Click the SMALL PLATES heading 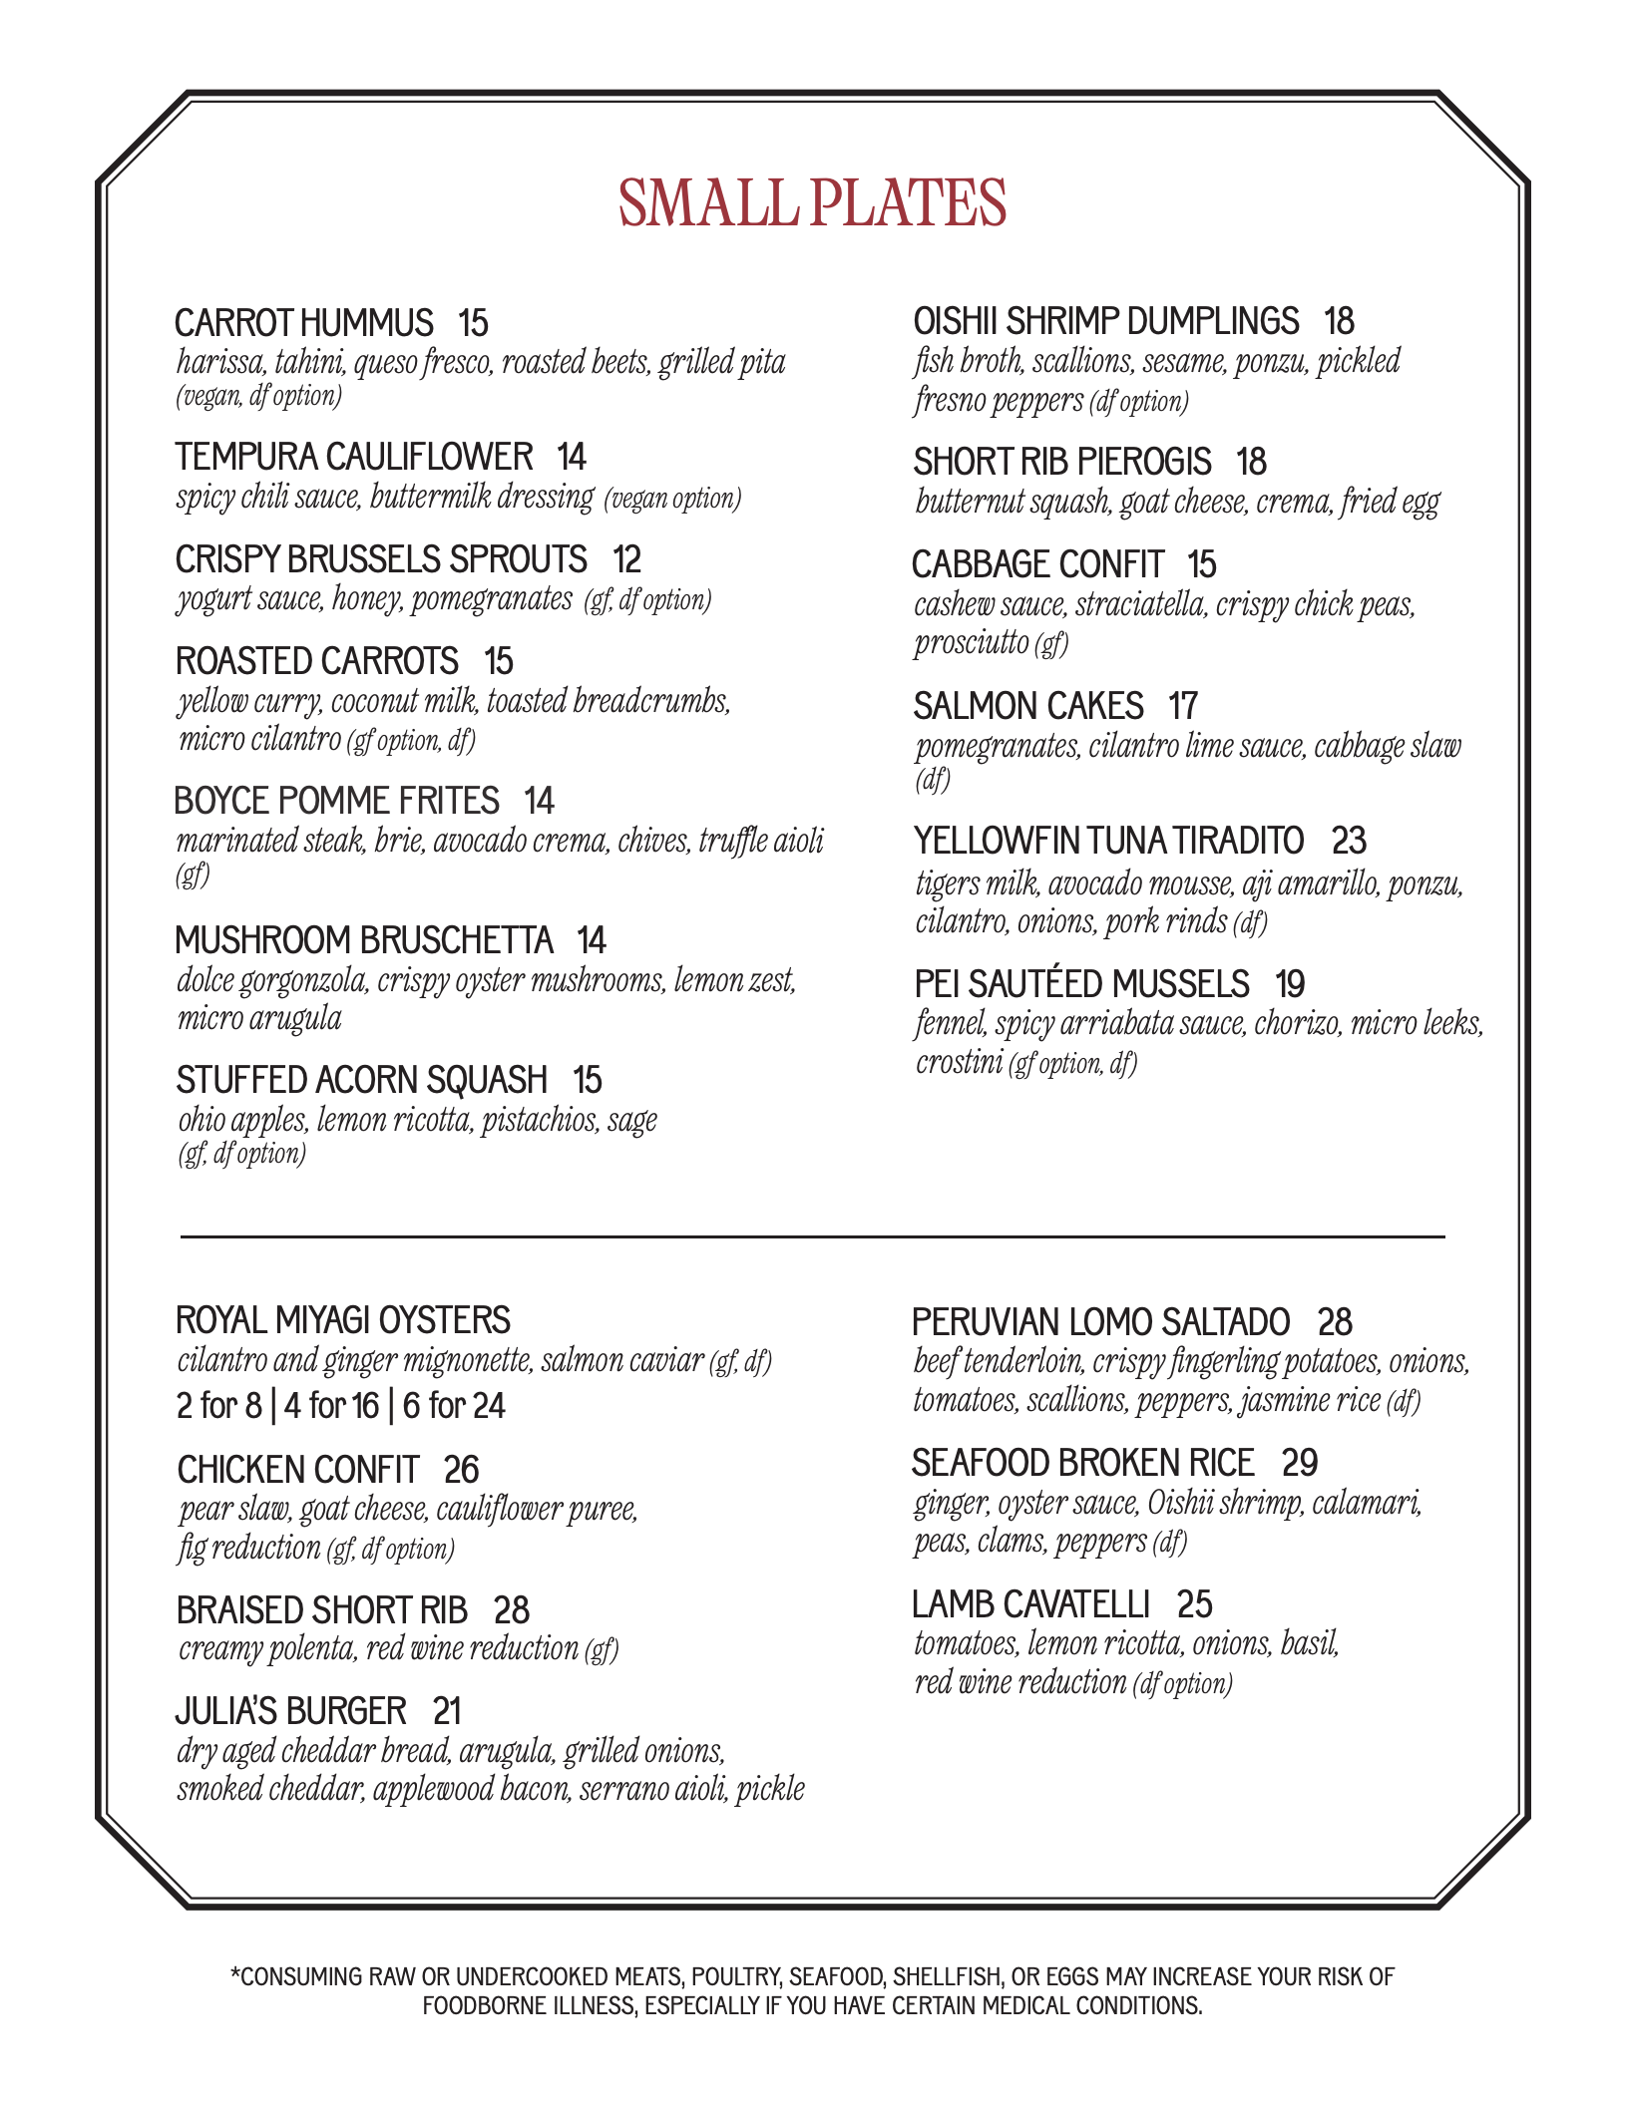(x=812, y=203)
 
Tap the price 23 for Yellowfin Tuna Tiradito (x=1349, y=842)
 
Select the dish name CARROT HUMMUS (x=304, y=324)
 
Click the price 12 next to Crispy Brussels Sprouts (x=626, y=560)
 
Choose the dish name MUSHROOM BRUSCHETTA (x=364, y=941)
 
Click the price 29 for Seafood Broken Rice (x=1300, y=1464)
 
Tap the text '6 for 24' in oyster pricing (x=454, y=1406)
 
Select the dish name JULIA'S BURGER (x=291, y=1712)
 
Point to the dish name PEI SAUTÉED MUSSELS (x=1081, y=985)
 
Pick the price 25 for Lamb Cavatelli (x=1194, y=1604)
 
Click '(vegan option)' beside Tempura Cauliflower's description (x=672, y=499)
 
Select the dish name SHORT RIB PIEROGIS (x=1062, y=463)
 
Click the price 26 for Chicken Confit (x=461, y=1471)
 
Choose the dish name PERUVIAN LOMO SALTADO (x=1101, y=1323)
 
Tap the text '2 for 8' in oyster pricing (x=218, y=1406)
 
